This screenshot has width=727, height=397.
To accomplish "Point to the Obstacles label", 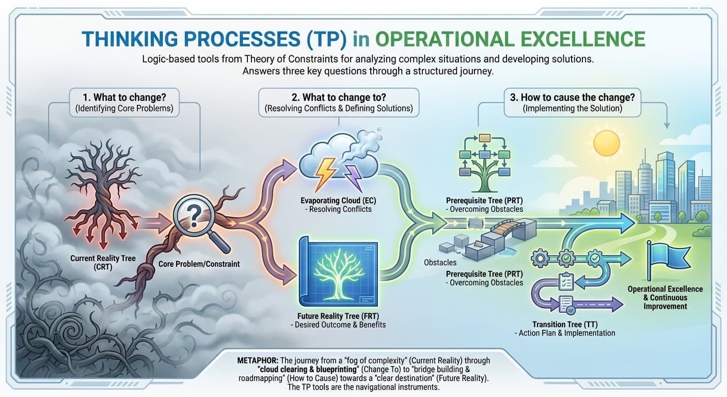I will tap(440, 263).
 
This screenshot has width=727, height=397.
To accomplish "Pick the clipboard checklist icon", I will tap(566, 280).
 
